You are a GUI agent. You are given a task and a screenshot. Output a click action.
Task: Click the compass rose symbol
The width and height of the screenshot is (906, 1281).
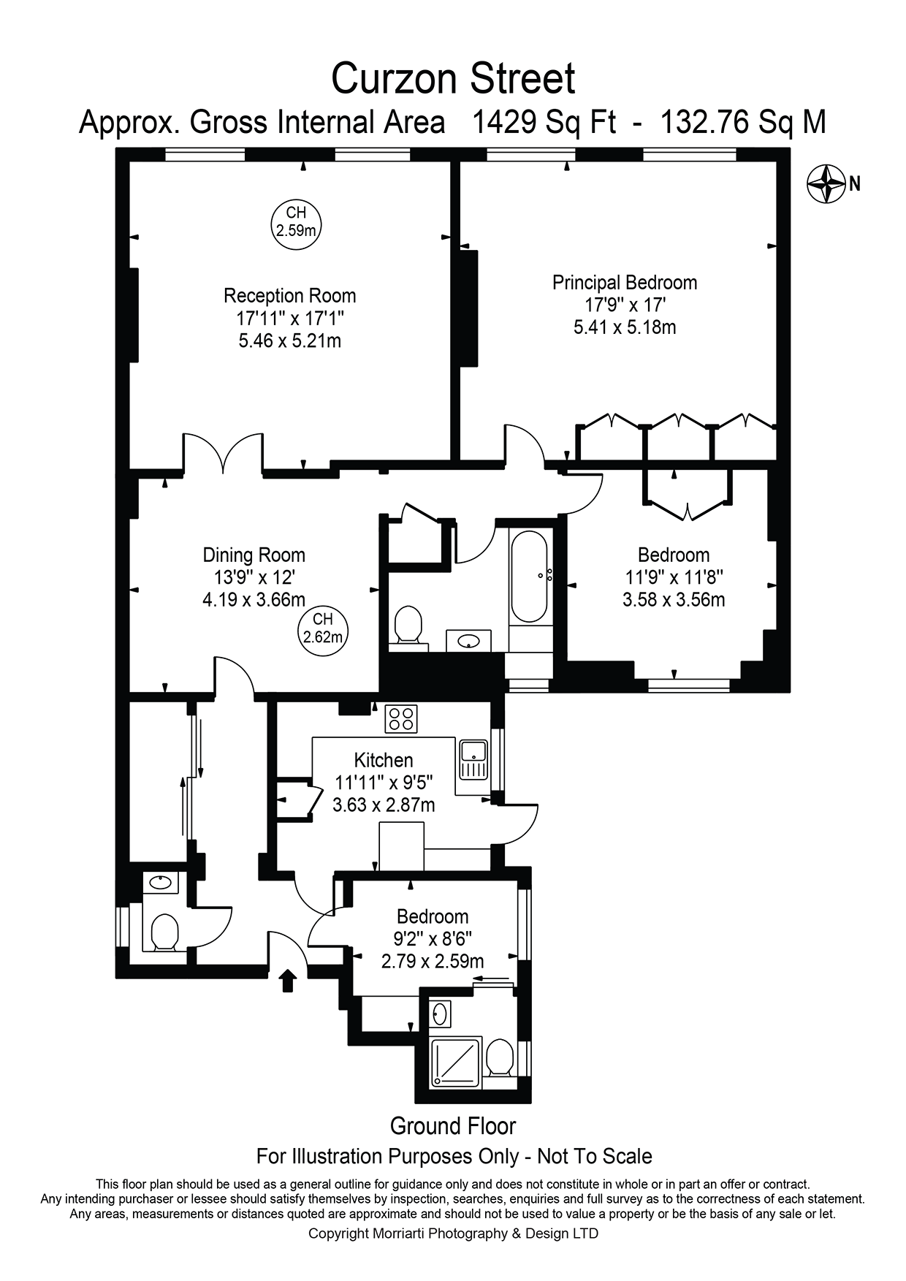[x=826, y=184]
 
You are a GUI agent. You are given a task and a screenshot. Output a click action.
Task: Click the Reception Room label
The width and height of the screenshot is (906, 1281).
[x=290, y=296]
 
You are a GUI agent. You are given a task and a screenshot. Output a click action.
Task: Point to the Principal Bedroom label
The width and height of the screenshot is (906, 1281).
[x=624, y=283]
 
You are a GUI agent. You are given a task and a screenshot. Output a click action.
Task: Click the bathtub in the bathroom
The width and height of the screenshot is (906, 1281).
[x=529, y=577]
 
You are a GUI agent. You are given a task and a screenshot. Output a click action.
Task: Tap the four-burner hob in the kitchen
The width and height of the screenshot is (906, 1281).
[x=401, y=718]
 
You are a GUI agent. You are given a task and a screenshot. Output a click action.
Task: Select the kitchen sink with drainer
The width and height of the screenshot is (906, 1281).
[x=473, y=759]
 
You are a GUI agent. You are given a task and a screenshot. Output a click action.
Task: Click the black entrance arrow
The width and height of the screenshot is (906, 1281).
[x=287, y=981]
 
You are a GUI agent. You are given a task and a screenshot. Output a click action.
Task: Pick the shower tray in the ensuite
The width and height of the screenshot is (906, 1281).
[x=457, y=1061]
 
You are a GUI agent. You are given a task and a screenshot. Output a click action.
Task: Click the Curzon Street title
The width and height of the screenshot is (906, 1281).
[x=453, y=79]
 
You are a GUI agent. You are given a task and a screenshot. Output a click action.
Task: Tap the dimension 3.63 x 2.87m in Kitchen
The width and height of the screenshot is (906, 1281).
[x=384, y=805]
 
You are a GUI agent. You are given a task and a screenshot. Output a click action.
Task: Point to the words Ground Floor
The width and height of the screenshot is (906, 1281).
[x=453, y=1126]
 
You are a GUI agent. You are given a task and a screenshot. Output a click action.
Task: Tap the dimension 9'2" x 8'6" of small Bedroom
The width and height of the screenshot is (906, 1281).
[x=433, y=938]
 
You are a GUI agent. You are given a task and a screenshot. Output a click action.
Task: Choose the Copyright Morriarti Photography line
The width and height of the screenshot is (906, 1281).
[x=453, y=1234]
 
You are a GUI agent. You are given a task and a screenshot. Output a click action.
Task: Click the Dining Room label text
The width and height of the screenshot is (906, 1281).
[x=254, y=555]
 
